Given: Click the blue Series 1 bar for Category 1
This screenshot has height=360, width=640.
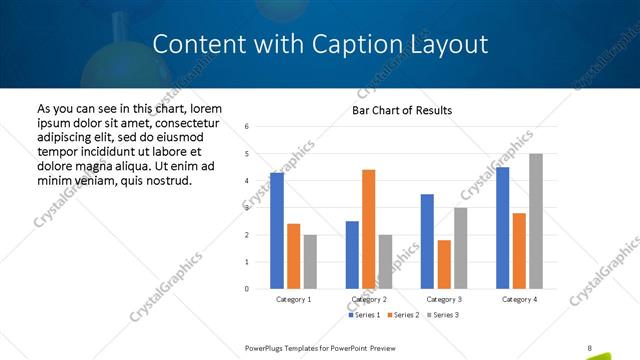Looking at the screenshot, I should [x=277, y=231].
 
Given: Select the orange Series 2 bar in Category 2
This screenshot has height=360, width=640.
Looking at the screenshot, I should [x=368, y=229].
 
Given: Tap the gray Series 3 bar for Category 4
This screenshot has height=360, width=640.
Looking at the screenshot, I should [x=535, y=221].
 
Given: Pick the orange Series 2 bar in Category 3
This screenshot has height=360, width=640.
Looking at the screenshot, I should [x=443, y=264].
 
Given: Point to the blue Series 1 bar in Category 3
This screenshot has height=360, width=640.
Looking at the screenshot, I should [x=427, y=241].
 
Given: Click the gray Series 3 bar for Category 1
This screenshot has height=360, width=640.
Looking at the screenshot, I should [x=310, y=262].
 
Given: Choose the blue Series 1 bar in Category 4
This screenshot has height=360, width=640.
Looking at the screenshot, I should [x=502, y=228].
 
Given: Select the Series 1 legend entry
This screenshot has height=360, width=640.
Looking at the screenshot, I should [x=364, y=315].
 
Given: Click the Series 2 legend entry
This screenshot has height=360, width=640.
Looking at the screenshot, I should [x=403, y=315].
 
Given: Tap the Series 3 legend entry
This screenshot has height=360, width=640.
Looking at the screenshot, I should [x=442, y=315].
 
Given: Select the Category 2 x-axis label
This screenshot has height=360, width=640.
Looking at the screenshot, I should [x=369, y=299].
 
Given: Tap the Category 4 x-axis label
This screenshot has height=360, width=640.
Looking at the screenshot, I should [x=519, y=299].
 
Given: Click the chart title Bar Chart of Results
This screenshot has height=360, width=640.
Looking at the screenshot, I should [x=402, y=110].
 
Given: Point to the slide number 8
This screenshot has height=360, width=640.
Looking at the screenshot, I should [x=590, y=348].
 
